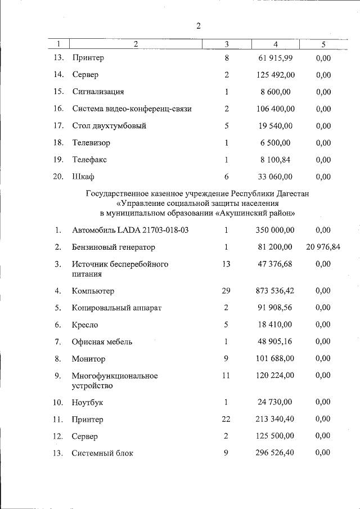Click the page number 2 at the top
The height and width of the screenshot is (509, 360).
[x=199, y=26]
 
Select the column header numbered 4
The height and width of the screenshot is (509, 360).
[x=275, y=44]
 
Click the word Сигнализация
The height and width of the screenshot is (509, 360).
[x=98, y=92]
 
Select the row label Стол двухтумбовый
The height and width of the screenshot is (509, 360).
[x=109, y=126]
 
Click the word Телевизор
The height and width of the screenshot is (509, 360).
[x=91, y=143]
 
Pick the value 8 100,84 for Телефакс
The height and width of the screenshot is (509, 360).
[x=276, y=160]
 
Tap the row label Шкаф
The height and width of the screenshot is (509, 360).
[x=83, y=177]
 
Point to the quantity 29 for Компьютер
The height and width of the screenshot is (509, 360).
[x=226, y=291]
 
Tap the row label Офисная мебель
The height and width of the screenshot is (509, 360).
[x=102, y=341]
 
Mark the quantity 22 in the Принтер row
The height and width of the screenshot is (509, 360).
[x=226, y=419]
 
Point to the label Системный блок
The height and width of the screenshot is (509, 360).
[x=103, y=453]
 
